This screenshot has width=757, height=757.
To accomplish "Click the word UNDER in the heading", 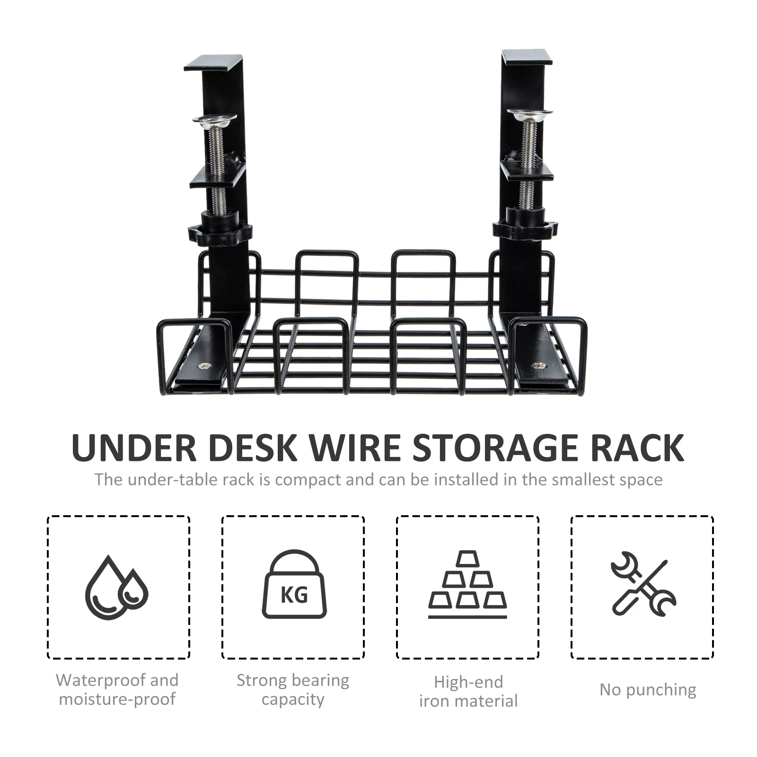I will [134, 448].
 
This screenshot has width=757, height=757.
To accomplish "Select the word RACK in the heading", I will [637, 448].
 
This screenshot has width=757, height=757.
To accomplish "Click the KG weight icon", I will [294, 584].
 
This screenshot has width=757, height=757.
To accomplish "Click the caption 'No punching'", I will [648, 690].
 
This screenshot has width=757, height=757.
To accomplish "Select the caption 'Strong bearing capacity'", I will [293, 690].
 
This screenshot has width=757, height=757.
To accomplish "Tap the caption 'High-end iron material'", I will [468, 691].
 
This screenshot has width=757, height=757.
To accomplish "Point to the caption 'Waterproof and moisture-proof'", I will [117, 690].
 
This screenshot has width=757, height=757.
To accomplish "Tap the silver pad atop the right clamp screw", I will [530, 114].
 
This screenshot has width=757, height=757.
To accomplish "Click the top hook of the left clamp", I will [214, 63].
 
